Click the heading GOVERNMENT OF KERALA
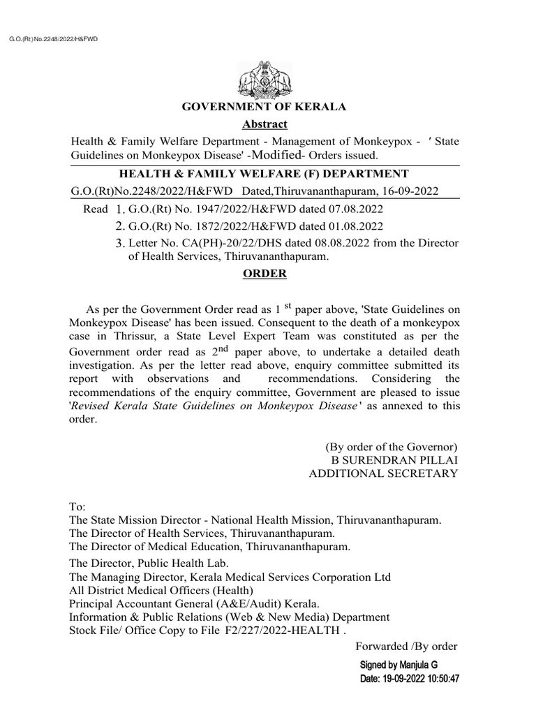264,107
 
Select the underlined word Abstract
265,124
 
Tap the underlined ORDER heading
265,274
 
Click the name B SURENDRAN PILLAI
394,460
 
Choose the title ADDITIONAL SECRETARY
383,473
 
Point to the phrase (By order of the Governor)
392,447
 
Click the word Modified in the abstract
281,155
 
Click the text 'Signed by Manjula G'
399,665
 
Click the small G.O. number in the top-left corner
53,39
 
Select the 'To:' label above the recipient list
77,508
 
